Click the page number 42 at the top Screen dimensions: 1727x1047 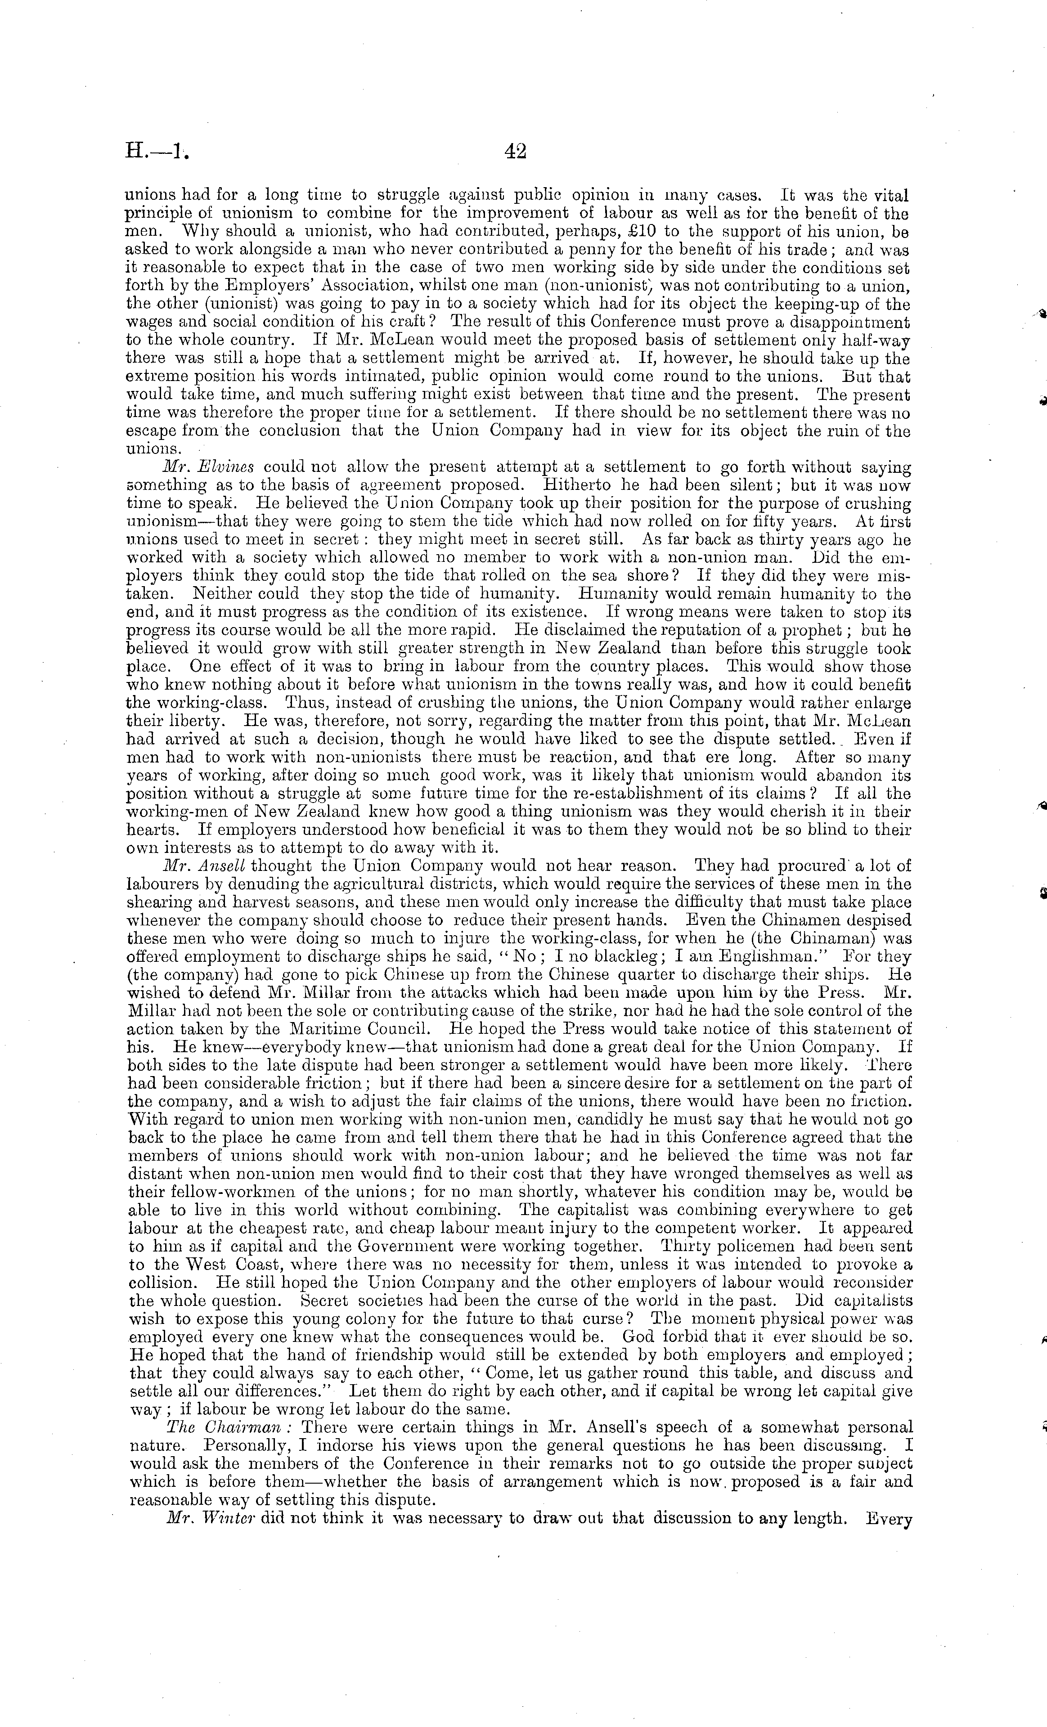point(515,152)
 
